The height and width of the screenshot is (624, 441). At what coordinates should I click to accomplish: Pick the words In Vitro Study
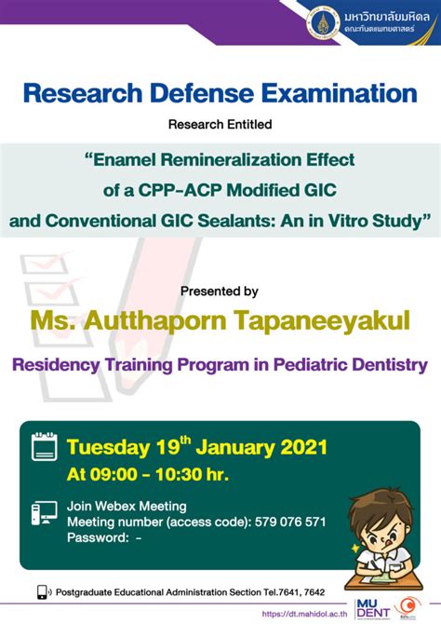[374, 221]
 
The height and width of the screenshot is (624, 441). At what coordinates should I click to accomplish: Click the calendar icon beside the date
[45, 447]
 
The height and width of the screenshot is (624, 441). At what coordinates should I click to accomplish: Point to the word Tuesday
[106, 447]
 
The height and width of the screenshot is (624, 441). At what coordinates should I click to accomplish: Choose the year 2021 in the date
[301, 447]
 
